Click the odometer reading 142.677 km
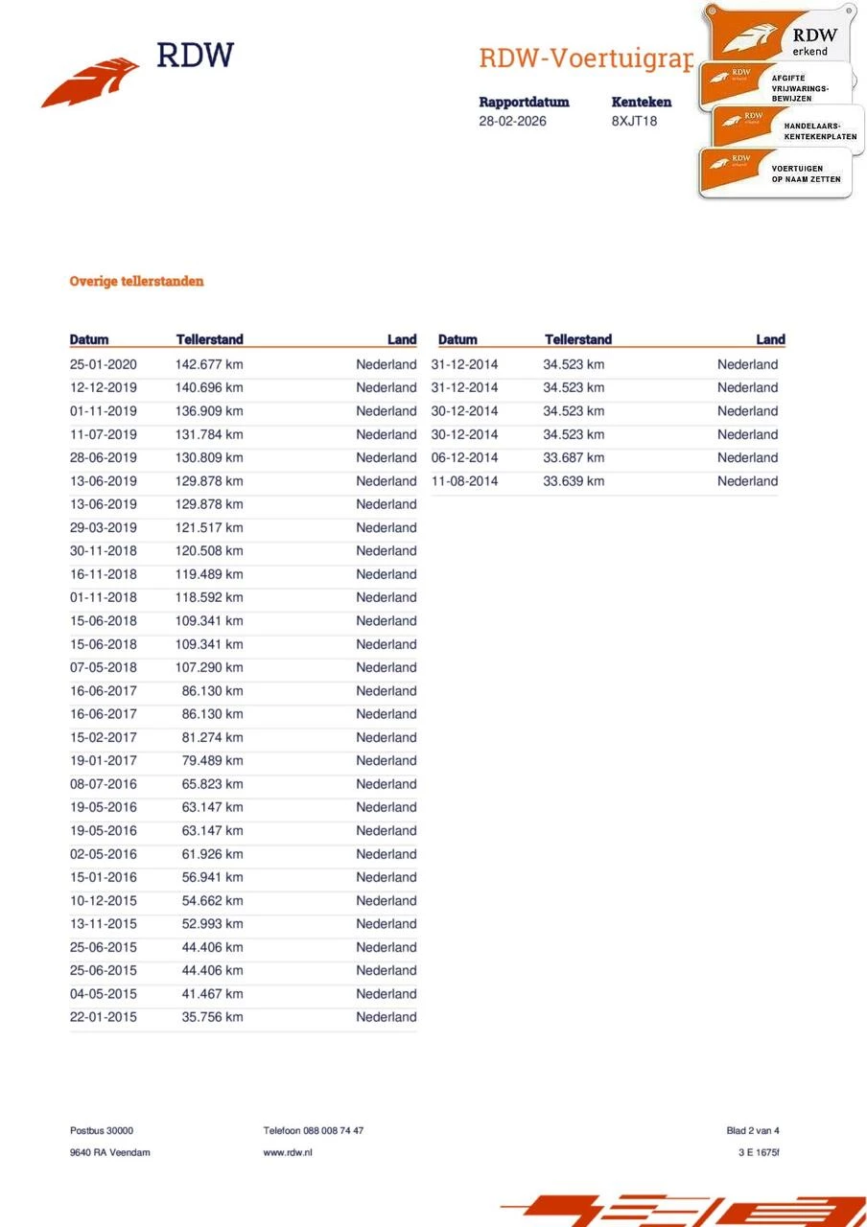coord(209,364)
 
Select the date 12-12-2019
coord(104,387)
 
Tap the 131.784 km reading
coord(209,434)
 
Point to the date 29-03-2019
coord(104,527)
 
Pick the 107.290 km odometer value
coord(209,667)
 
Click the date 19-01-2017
coord(104,760)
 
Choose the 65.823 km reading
coord(212,784)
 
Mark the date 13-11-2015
coord(104,924)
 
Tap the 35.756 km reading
coord(212,1017)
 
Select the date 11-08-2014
coord(465,481)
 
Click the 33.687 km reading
coord(574,457)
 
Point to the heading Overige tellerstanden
coord(136,281)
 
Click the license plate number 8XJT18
coord(634,122)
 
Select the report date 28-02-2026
coord(513,122)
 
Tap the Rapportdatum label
coord(524,102)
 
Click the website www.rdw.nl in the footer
coord(288,1152)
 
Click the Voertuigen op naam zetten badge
coord(775,174)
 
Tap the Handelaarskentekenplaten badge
coord(786,129)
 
